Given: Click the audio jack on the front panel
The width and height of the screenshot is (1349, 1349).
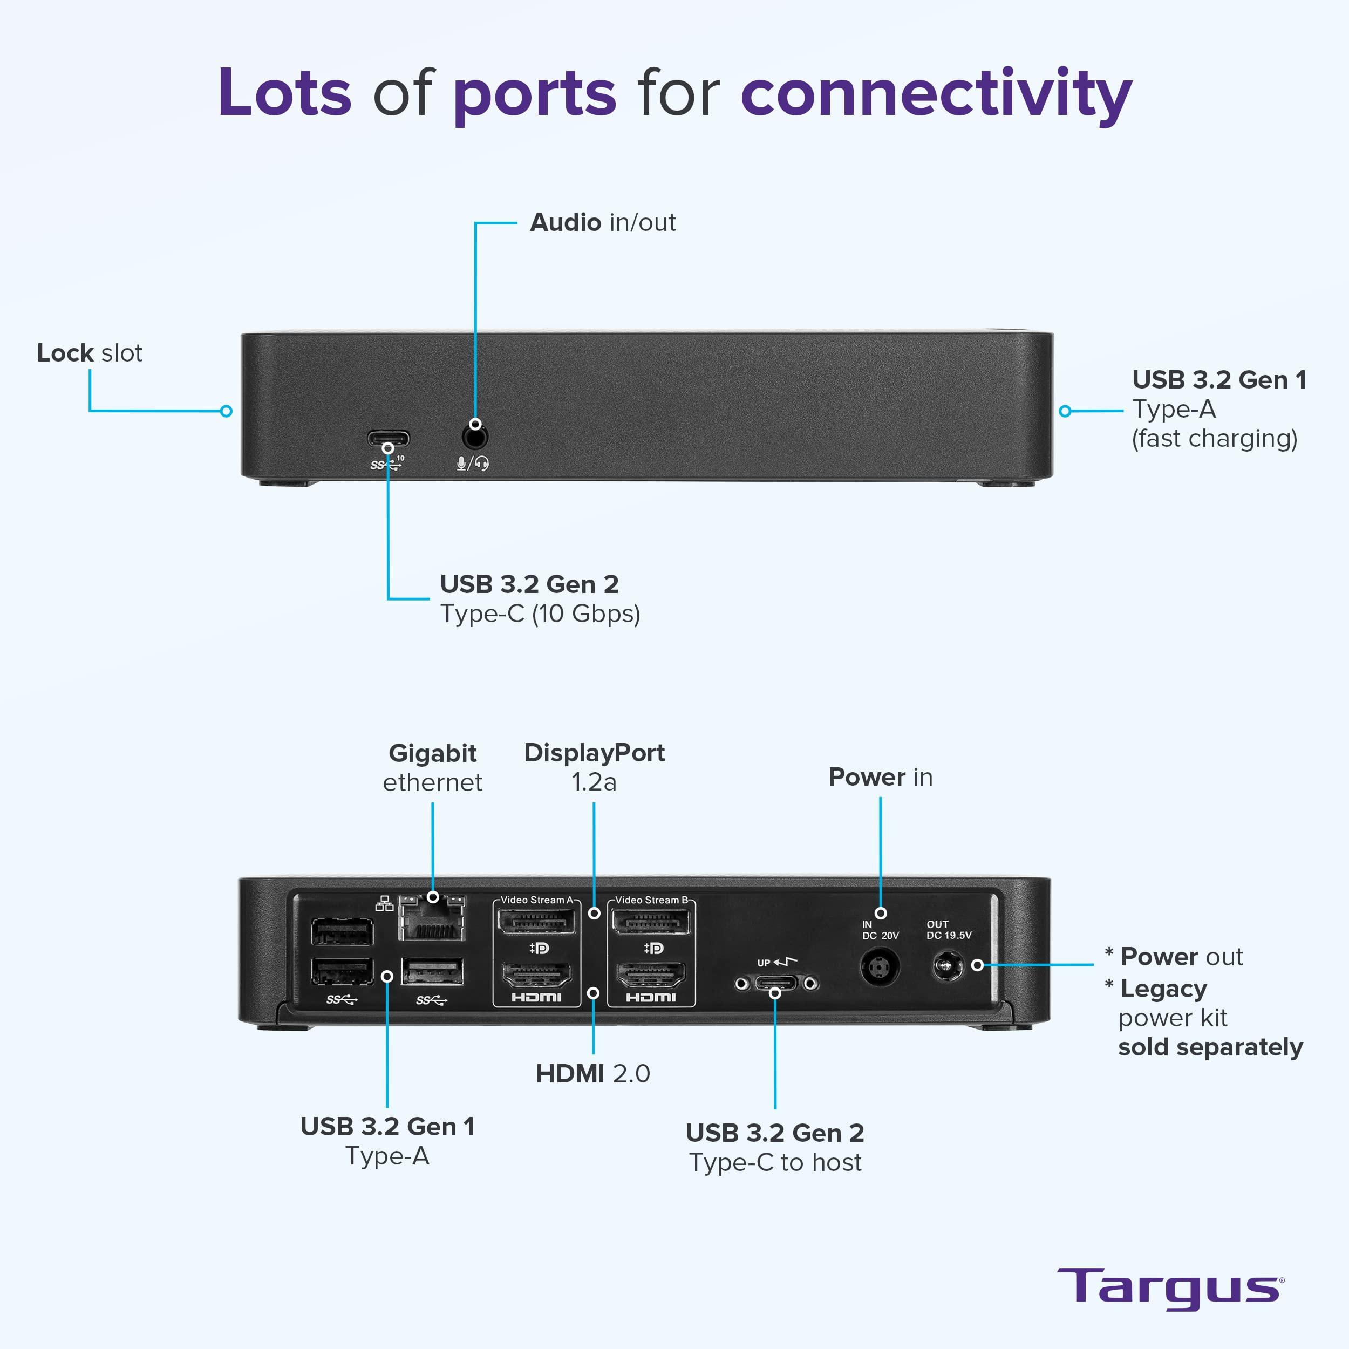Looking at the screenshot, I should coord(475,437).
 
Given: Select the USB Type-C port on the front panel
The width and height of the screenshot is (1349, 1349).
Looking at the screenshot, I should coord(388,441).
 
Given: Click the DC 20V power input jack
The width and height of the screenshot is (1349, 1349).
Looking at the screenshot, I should coord(880,967).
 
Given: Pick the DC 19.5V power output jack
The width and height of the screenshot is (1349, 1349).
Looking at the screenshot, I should coord(948,967).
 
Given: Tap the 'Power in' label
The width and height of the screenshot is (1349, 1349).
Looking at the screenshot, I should coord(880,777).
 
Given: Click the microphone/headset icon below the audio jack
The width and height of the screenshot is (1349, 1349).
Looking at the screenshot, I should coord(473,463).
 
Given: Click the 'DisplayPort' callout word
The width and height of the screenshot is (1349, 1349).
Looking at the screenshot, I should coord(594,753).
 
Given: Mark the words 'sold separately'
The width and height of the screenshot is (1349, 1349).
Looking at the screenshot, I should coord(1210,1047).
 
